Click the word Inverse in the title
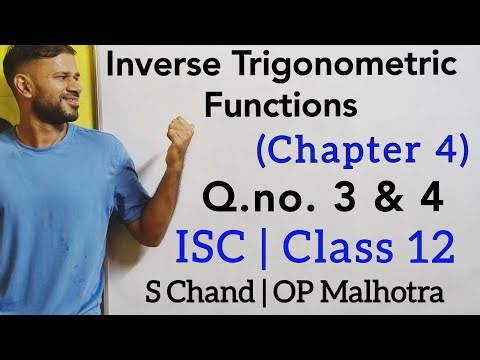pyautogui.click(x=164, y=67)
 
